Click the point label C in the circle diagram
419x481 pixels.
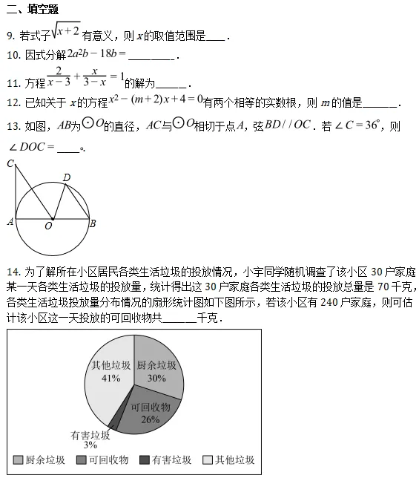[9, 163]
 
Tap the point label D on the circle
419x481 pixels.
[67, 177]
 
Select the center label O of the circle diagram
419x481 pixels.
[48, 226]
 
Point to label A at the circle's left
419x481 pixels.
[9, 221]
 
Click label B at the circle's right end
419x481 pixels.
[92, 223]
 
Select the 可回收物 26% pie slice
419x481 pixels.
[148, 412]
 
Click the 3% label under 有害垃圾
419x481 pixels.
[90, 445]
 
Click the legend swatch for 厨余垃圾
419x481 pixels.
[18, 460]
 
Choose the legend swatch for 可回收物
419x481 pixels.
[81, 460]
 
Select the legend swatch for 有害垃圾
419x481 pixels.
[144, 460]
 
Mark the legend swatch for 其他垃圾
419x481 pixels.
[207, 460]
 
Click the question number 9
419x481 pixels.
[9, 36]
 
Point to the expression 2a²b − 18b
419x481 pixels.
[95, 55]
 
